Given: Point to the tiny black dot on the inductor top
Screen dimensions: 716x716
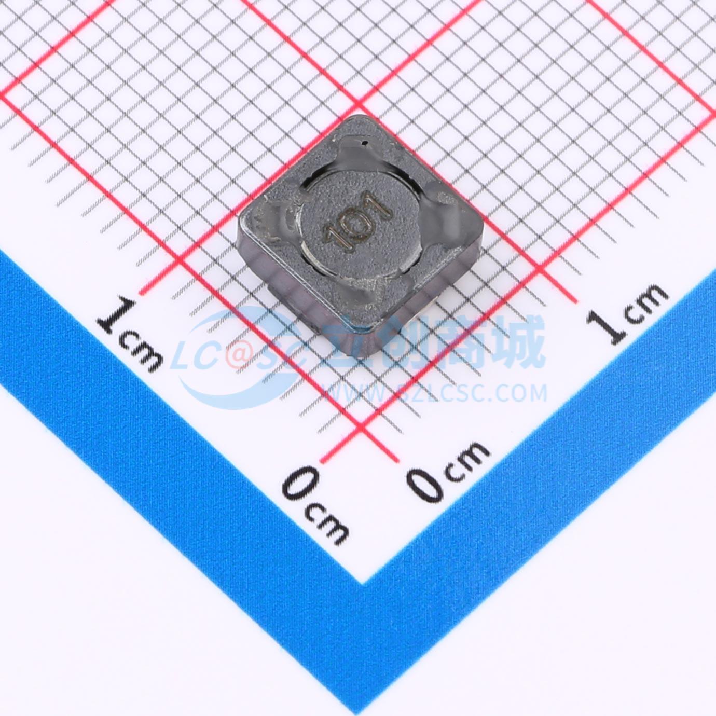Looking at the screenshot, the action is (365, 142).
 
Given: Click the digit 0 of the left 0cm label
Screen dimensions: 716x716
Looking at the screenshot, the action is (300, 483).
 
